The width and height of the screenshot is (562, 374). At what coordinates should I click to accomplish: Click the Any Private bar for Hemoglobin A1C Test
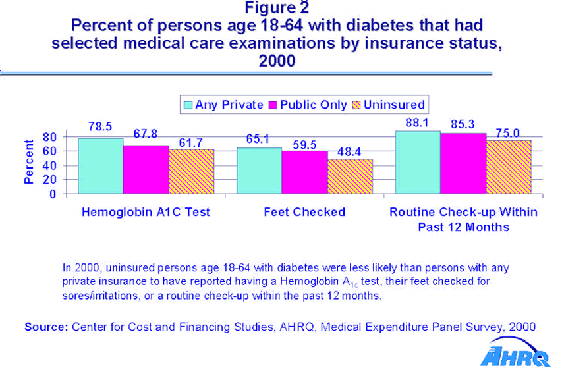[100, 166]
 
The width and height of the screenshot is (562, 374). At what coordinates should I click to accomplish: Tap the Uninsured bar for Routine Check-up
[509, 167]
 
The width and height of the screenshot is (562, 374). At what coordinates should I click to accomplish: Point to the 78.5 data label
[100, 125]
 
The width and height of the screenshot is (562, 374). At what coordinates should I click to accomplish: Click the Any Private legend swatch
[188, 105]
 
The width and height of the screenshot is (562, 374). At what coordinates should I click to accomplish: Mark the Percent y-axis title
[29, 162]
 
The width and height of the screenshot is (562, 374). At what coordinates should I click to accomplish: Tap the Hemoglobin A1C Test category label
[145, 212]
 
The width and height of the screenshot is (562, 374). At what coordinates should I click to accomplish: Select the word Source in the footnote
[45, 327]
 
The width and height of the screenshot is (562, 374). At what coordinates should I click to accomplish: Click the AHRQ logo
[515, 356]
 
